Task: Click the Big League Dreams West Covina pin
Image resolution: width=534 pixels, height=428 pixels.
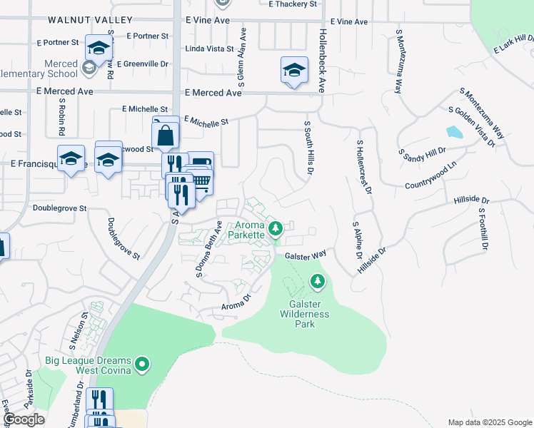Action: pos(142,365)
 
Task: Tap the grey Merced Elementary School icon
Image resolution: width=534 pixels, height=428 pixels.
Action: pos(89,68)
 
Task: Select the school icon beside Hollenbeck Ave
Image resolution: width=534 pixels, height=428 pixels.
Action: pos(293,71)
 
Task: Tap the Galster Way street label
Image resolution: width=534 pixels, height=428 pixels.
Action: pos(306,255)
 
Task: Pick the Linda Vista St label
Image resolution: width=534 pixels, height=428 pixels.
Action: pos(209,49)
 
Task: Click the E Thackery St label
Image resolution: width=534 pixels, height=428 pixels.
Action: pos(293,4)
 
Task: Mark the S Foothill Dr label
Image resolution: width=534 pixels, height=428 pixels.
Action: pos(483,228)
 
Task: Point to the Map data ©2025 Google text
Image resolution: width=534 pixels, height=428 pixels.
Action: pos(489,422)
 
